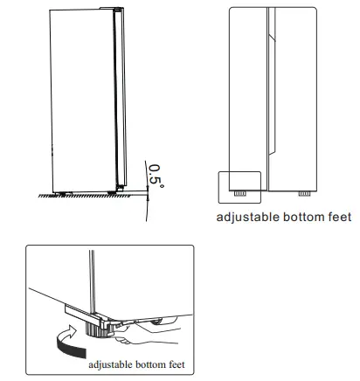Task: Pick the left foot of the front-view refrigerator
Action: tap(237, 191)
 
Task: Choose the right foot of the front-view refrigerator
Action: tap(303, 191)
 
